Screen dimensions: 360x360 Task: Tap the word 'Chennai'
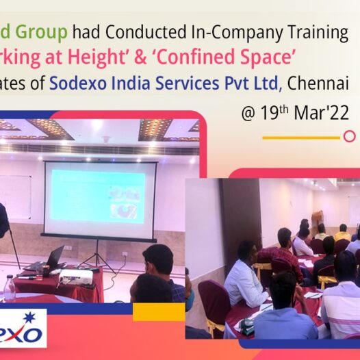click(319, 83)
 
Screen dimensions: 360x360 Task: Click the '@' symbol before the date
click(247, 114)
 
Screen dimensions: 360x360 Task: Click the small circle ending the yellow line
click(349, 136)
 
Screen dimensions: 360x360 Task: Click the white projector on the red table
click(76, 276)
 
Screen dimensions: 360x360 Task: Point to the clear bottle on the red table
click(9, 287)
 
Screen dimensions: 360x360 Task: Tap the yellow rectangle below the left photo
click(158, 312)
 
